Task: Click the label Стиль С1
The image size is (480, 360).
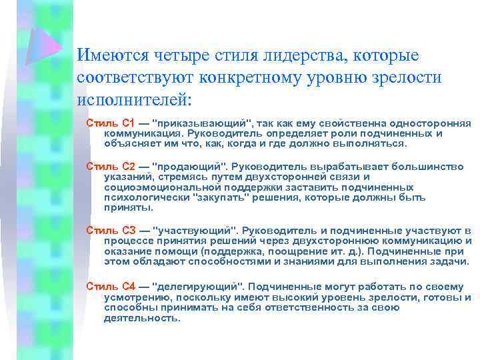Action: pyautogui.click(x=111, y=124)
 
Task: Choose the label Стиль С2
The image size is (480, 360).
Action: pyautogui.click(x=111, y=165)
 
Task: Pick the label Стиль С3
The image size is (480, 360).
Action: pyautogui.click(x=111, y=230)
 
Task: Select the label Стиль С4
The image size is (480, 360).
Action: pyautogui.click(x=111, y=286)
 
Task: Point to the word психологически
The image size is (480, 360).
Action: pyautogui.click(x=145, y=197)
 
